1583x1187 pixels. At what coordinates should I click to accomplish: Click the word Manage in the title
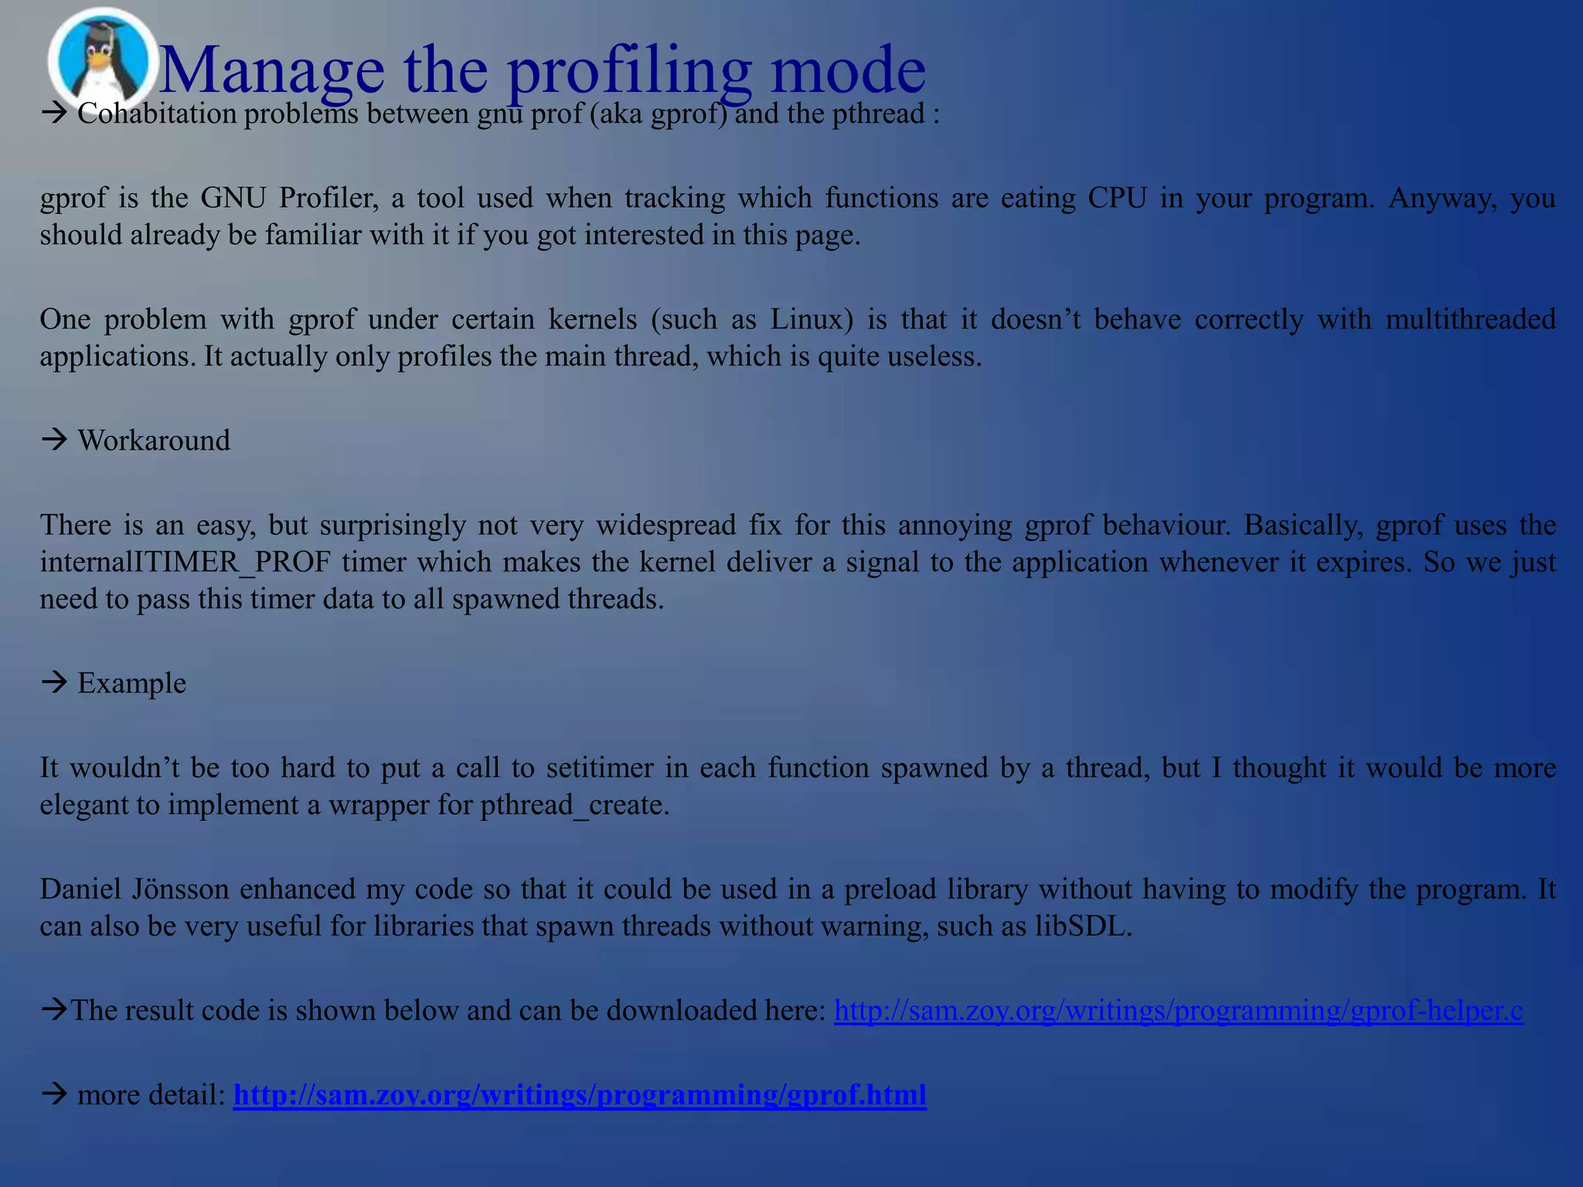271,70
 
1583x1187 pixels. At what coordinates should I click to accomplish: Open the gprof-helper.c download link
1178,1010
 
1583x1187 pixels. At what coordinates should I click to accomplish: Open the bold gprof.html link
580,1095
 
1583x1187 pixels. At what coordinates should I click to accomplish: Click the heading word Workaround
154,440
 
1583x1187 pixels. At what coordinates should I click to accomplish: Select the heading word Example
131,684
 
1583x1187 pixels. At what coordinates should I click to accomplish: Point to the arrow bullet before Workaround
55,440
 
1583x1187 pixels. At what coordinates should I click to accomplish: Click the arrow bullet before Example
55,683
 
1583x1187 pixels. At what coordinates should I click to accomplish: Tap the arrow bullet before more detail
55,1094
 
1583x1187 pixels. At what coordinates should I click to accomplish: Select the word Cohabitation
157,114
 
